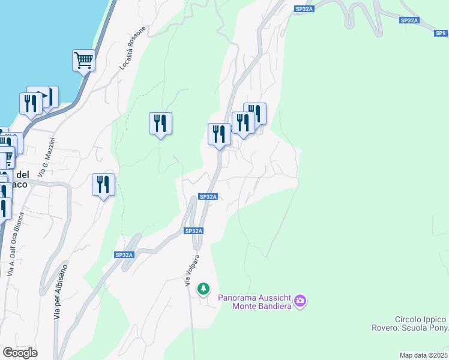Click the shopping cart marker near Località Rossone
click(84, 60)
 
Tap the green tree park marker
click(204, 289)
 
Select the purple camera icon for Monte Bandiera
click(301, 301)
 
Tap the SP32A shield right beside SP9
click(409, 20)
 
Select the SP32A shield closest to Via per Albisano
click(124, 255)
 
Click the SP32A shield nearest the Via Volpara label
click(194, 231)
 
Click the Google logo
click(20, 353)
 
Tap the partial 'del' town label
click(22, 175)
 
